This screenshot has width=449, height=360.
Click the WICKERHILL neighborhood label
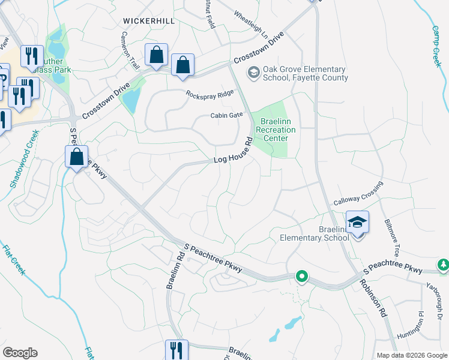[149, 20]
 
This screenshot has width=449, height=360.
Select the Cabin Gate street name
[226, 115]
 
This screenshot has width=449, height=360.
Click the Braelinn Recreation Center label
[276, 130]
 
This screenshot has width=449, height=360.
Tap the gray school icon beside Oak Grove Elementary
[253, 73]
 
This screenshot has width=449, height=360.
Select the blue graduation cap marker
[357, 223]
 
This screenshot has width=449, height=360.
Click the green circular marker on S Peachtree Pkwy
[302, 277]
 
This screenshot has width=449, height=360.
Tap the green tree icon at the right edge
[444, 265]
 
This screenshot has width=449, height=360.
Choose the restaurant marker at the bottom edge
[176, 350]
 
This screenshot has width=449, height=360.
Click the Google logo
[20, 353]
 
